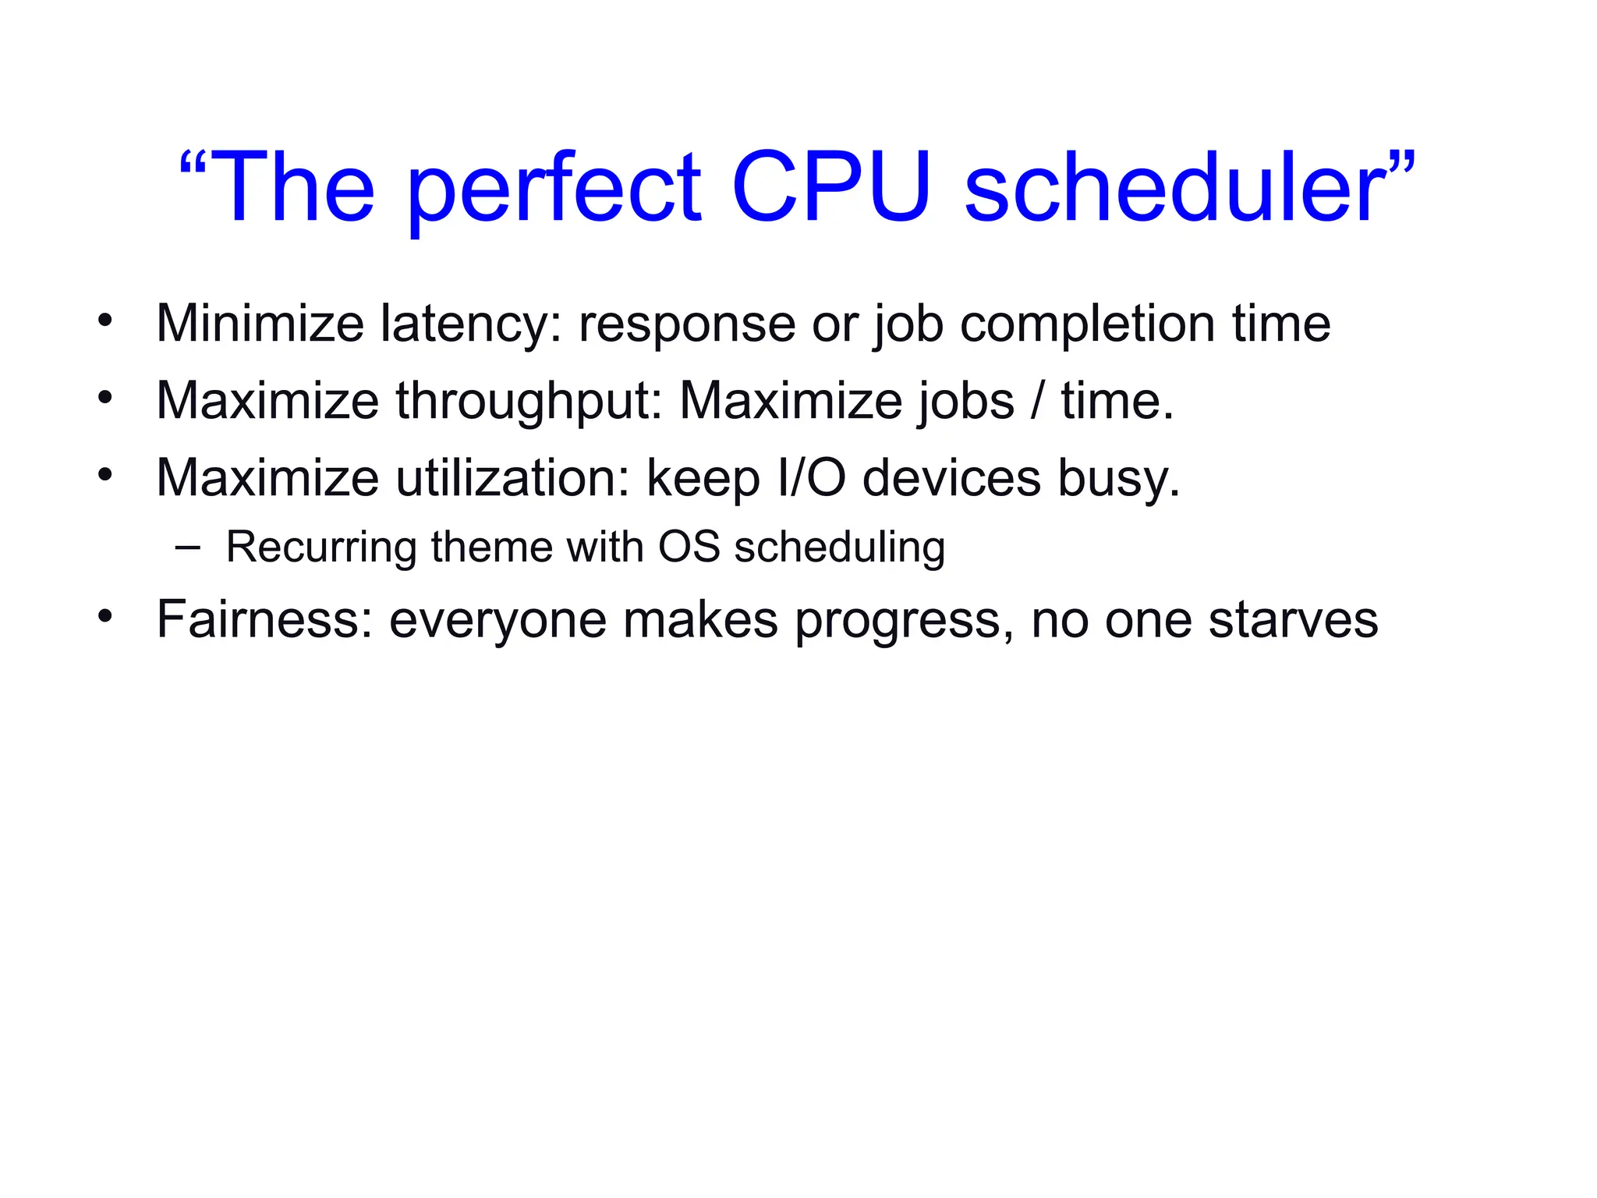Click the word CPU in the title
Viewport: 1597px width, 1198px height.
[x=830, y=188]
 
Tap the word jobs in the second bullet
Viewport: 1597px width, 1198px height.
[x=966, y=401]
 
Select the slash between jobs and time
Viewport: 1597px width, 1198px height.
[x=1036, y=401]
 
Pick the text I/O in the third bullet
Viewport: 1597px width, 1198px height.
[x=812, y=478]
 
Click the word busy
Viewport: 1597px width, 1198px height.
[x=1118, y=478]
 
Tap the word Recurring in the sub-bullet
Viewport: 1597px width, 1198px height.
[x=321, y=548]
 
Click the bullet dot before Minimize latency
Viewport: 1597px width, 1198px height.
[x=105, y=321]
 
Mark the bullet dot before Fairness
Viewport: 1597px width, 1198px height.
[x=105, y=617]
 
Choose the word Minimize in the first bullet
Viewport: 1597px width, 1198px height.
[x=260, y=324]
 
